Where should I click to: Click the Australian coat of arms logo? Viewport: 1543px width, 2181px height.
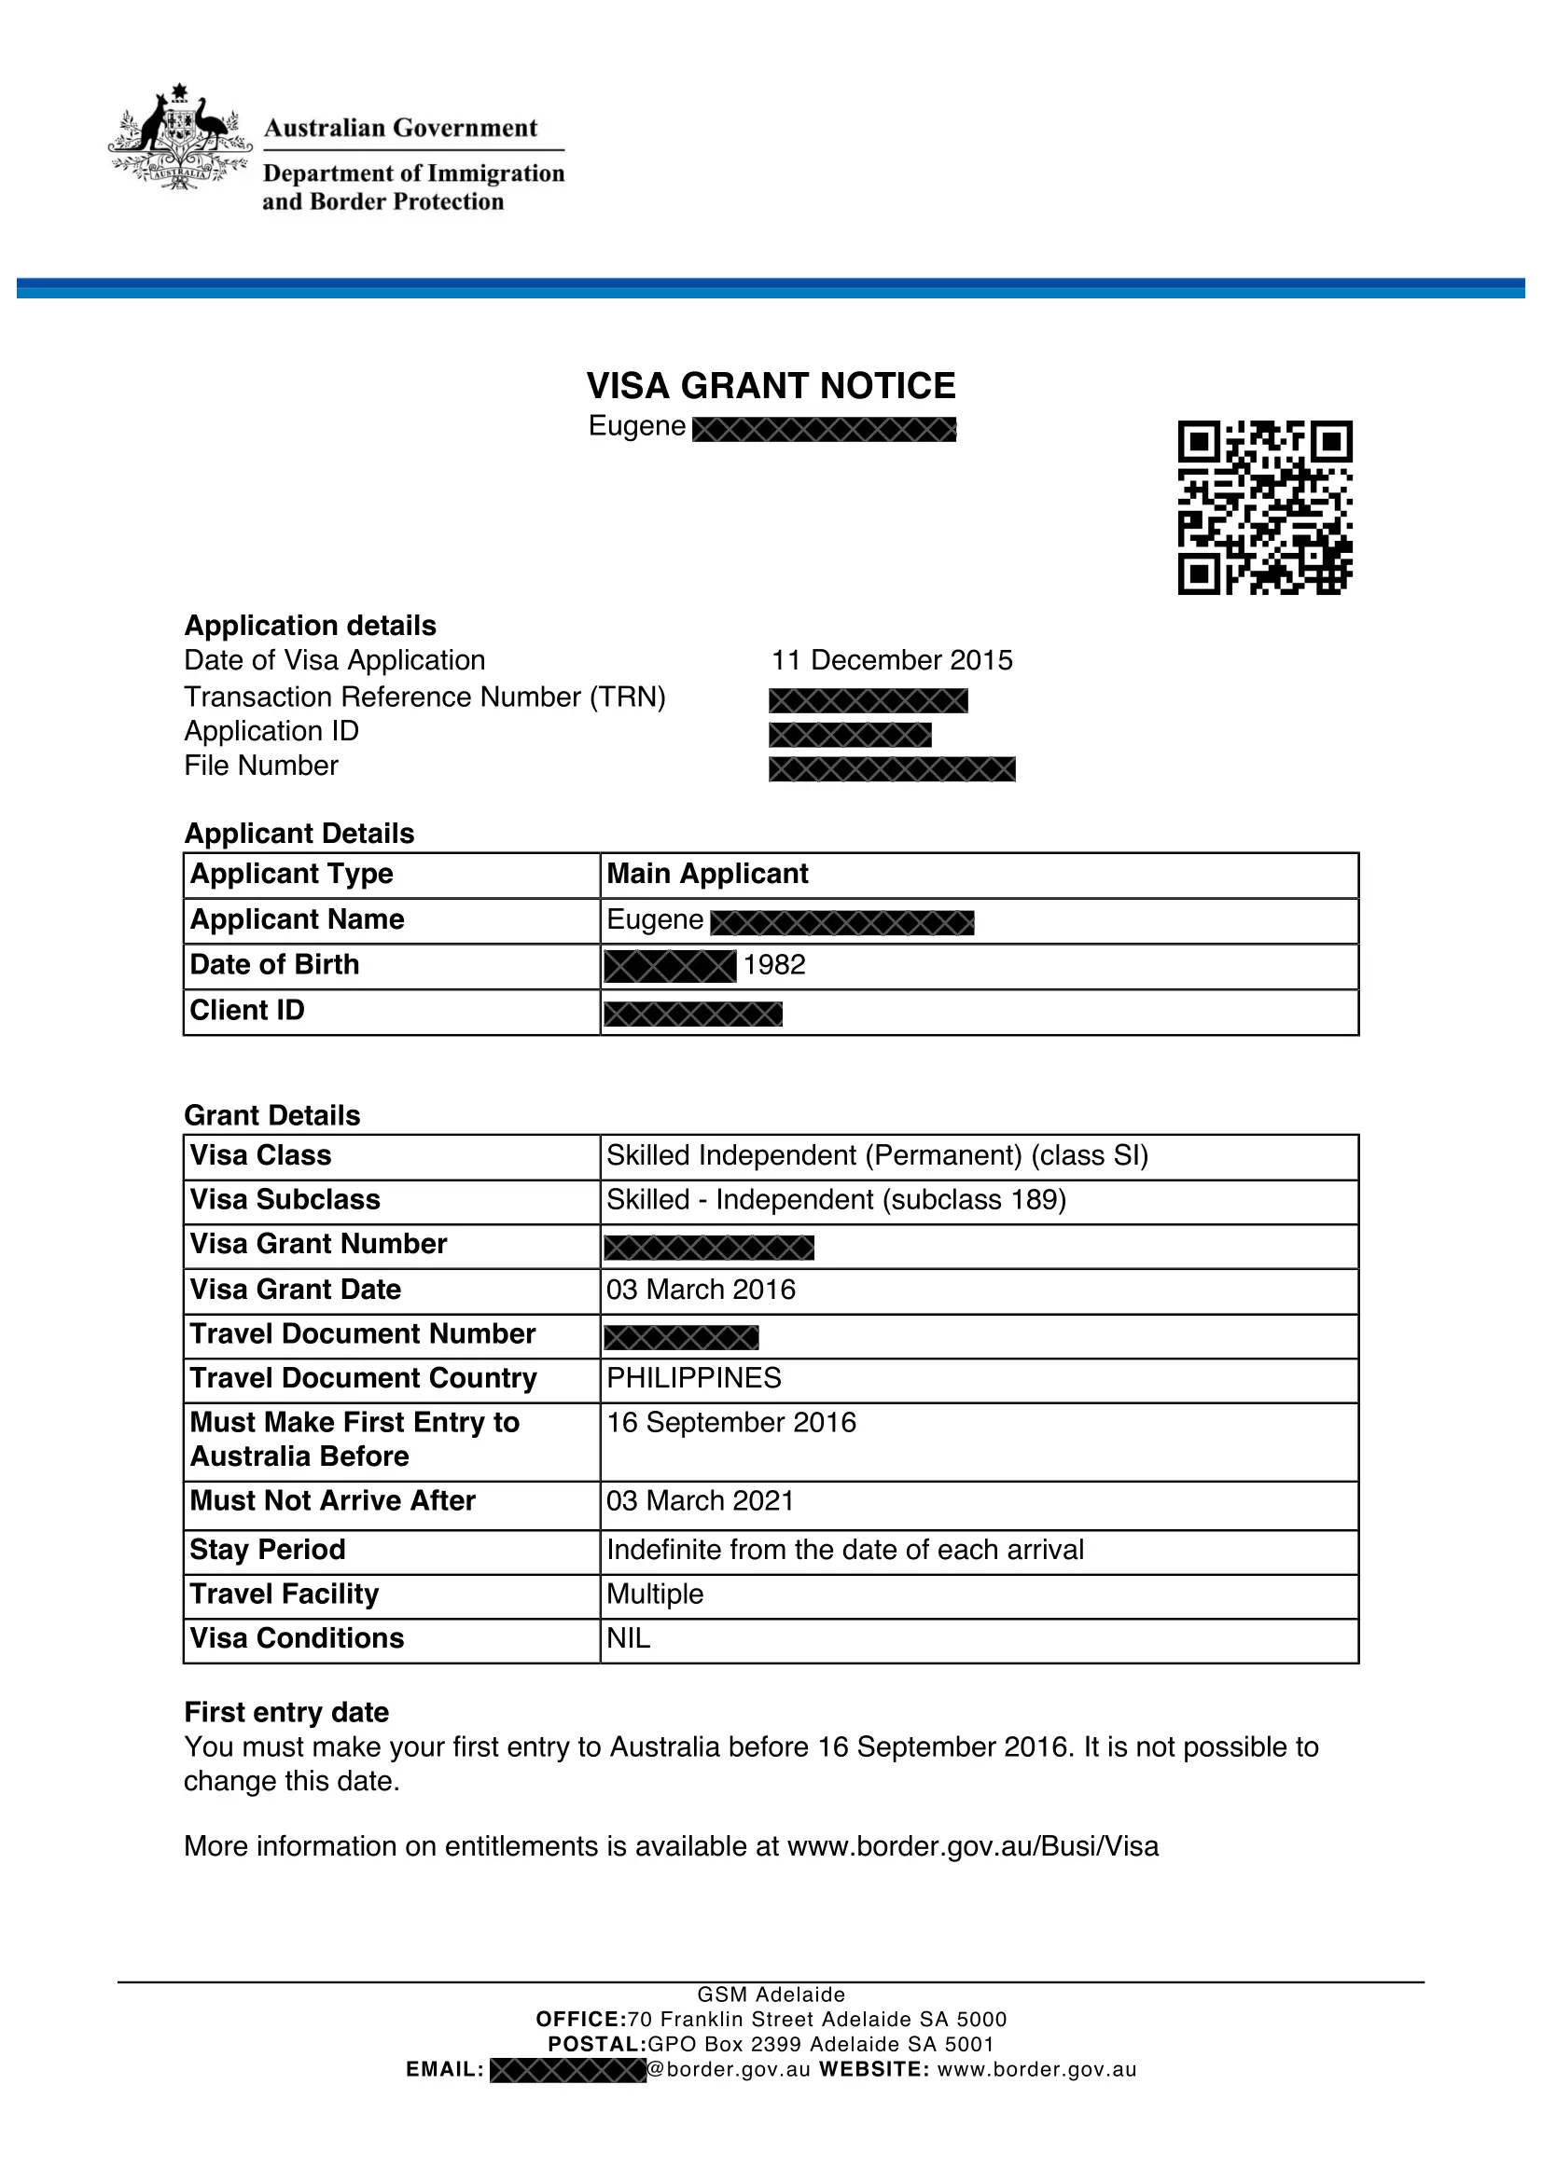(178, 138)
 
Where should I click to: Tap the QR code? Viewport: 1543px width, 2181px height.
(1265, 507)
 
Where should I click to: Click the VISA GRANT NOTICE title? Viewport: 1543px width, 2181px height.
(771, 386)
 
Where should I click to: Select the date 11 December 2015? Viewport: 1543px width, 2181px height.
(891, 660)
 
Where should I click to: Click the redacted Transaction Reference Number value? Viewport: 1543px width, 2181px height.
(868, 700)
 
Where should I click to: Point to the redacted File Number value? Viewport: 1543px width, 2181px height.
(891, 768)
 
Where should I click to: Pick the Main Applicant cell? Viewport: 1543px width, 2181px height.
(707, 874)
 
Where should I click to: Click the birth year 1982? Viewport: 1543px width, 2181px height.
(773, 965)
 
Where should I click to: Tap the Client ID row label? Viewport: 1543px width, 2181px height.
(247, 1011)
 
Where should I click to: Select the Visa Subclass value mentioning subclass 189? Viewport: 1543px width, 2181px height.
(836, 1200)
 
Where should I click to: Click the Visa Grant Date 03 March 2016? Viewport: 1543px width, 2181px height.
(701, 1289)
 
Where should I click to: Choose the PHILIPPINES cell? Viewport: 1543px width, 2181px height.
(693, 1377)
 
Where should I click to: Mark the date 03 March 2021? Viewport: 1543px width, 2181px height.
(700, 1501)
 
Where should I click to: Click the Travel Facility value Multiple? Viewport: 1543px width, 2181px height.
(655, 1594)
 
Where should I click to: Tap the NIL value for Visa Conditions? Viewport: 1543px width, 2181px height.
(628, 1638)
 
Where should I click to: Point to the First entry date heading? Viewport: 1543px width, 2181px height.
(286, 1712)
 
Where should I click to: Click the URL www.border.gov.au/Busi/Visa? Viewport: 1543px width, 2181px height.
(973, 1845)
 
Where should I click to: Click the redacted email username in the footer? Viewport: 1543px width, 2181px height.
(567, 2070)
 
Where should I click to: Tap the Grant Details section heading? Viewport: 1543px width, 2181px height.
(271, 1115)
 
